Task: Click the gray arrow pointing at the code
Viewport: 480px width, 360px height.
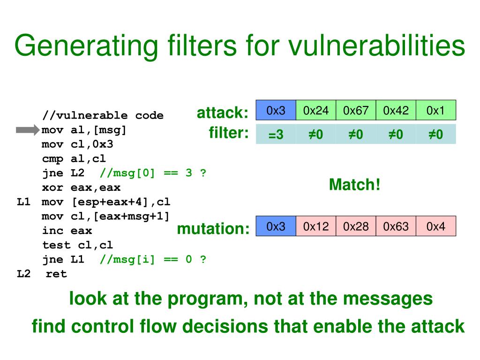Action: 28,130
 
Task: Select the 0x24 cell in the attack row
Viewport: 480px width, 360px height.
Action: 316,111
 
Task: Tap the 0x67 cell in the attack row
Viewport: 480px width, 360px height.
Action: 356,111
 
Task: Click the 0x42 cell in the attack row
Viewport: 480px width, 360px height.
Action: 396,111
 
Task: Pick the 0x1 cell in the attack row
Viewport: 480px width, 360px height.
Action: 435,111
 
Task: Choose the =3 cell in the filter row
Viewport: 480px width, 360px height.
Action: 276,135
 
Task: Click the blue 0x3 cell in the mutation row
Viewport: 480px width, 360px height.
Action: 276,226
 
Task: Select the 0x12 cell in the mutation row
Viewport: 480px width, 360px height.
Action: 316,226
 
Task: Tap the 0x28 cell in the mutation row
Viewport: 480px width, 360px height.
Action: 356,226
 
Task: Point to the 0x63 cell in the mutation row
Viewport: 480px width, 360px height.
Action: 396,226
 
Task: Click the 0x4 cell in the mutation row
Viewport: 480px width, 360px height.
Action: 435,226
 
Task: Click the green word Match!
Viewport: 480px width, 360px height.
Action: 354,185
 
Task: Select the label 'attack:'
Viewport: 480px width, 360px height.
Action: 222,113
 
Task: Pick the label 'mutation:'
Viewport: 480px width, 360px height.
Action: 213,229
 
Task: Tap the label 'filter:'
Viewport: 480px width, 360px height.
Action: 228,134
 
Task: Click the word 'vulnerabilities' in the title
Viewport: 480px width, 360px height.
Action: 376,46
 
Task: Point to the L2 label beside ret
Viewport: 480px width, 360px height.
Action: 23,274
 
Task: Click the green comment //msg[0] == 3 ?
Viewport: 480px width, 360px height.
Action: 153,173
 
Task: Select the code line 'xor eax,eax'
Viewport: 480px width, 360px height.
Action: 81,187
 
